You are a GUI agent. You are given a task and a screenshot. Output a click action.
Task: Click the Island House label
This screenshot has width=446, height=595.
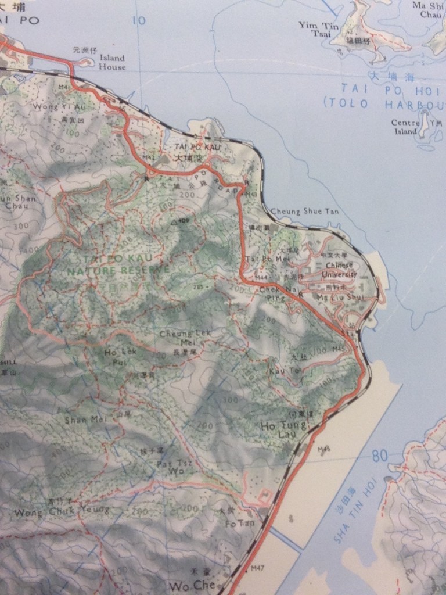pyautogui.click(x=112, y=62)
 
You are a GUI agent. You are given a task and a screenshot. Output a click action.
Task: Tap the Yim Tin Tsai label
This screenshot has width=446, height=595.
pyautogui.click(x=314, y=28)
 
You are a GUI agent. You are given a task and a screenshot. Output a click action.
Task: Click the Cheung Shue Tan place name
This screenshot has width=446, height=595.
pyautogui.click(x=305, y=212)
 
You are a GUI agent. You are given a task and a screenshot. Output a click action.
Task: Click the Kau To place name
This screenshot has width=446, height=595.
pyautogui.click(x=278, y=370)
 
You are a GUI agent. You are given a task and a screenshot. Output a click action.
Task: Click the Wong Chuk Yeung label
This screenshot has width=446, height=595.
pyautogui.click(x=62, y=511)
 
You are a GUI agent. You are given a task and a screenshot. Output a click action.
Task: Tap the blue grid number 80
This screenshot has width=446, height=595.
pyautogui.click(x=379, y=456)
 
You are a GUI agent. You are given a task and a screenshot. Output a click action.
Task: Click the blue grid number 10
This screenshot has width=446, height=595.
pyautogui.click(x=139, y=21)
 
